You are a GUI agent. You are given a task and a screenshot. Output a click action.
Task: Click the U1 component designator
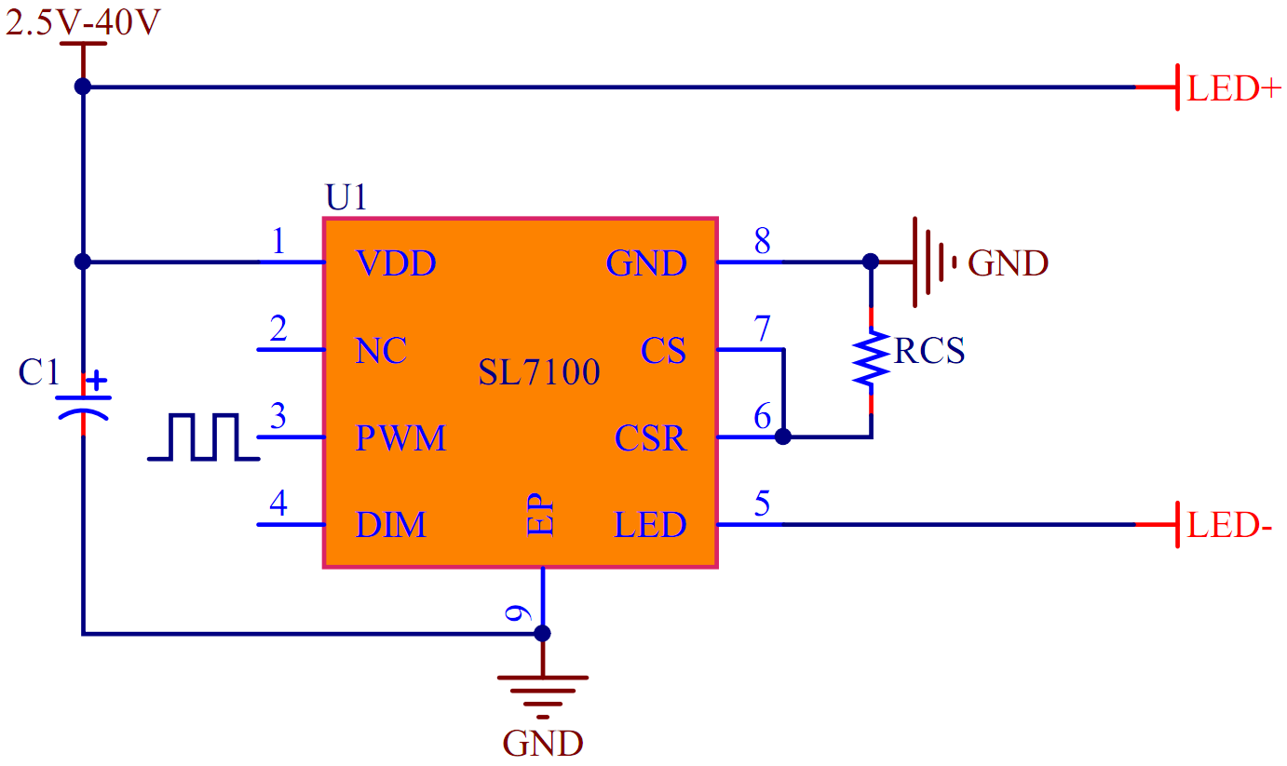[346, 198]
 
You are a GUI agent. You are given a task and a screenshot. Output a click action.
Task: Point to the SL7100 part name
[539, 373]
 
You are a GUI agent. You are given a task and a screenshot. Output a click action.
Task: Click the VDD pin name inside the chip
[396, 264]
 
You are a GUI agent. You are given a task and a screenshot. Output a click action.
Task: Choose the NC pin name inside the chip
[381, 352]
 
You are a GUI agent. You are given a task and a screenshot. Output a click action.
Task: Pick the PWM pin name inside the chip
[400, 438]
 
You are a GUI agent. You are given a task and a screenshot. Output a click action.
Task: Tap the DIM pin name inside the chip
[390, 526]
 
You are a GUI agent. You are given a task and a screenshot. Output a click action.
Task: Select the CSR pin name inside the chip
[650, 438]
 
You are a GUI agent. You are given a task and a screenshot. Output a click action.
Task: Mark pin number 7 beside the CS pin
[763, 329]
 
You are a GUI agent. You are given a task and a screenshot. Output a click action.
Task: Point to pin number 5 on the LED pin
[763, 504]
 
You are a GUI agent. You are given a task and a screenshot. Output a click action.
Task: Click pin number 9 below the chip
[518, 614]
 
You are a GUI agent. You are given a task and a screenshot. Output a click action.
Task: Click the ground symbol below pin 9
[543, 694]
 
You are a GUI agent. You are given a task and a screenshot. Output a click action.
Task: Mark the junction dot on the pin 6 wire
[783, 436]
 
